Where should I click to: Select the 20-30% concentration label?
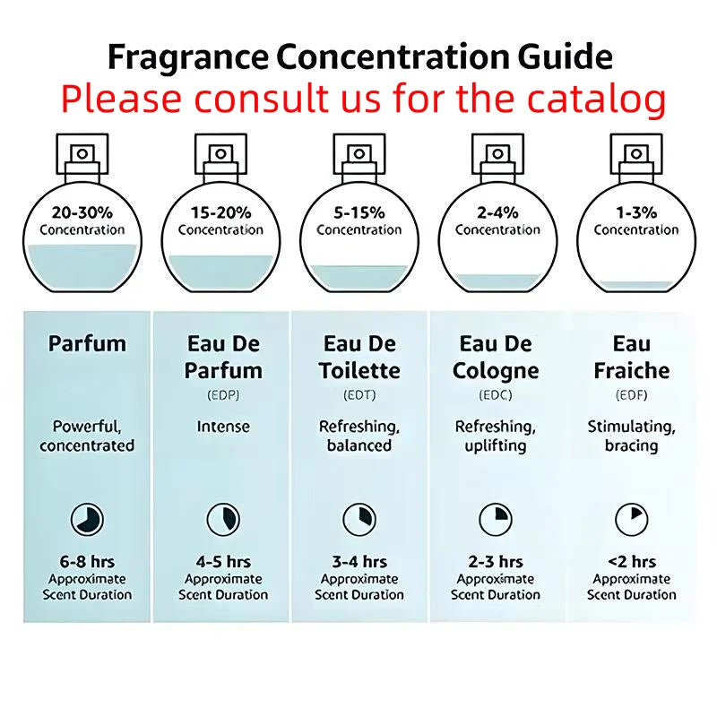point(82,212)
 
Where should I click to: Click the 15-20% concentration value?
point(220,212)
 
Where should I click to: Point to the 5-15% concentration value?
point(358,212)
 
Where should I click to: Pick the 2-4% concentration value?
point(497,212)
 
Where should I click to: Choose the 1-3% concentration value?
point(636,212)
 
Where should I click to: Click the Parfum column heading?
point(87,343)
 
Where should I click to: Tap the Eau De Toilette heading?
point(358,357)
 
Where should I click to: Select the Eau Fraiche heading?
point(632,357)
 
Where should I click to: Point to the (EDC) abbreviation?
point(496,393)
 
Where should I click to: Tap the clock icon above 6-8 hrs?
point(88,518)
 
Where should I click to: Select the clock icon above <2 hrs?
point(631,518)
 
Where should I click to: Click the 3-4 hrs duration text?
point(359,562)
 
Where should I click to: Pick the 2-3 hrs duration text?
point(496,562)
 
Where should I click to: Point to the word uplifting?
point(496,445)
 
